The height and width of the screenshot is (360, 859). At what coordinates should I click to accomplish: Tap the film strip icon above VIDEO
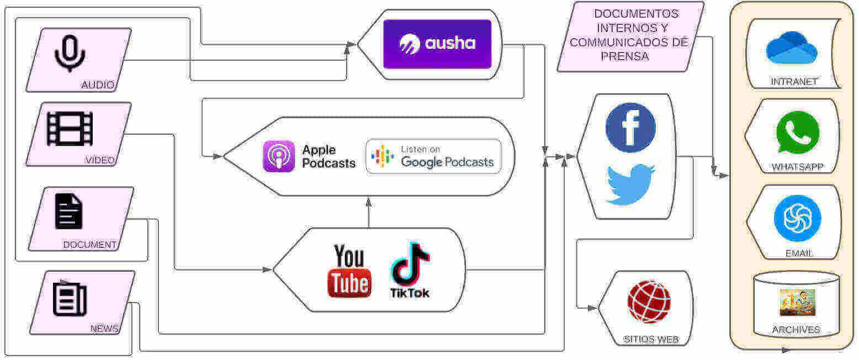pos(70,129)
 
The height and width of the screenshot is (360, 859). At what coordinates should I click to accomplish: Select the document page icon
pos(68,211)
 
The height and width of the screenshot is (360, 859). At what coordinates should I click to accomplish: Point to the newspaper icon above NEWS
pos(70,299)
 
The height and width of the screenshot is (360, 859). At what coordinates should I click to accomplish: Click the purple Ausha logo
pos(437,44)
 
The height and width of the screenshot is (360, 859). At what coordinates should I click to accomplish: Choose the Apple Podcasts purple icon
pos(279,156)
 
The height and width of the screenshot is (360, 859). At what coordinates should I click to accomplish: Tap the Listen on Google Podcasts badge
pos(434,156)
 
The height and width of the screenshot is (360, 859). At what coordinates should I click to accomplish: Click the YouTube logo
pos(349,271)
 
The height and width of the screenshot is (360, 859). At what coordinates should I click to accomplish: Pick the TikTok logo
pos(410,271)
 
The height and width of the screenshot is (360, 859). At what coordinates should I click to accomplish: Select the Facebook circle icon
pos(630,128)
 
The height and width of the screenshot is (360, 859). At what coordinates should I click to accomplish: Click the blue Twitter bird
pos(630,185)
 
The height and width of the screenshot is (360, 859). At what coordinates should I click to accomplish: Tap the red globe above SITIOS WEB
pos(649,301)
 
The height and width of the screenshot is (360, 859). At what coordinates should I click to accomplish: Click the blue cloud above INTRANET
pos(792,47)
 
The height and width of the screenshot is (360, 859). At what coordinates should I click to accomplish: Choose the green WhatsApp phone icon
pos(798,133)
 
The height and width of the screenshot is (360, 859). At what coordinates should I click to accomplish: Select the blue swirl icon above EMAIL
pos(798,218)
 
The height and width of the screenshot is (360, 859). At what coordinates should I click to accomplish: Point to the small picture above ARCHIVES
pos(798,303)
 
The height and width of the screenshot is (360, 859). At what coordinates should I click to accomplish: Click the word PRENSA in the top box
pos(625,56)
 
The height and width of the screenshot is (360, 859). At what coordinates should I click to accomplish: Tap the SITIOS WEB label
pos(651,340)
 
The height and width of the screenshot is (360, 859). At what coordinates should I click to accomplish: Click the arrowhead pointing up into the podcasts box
pos(369,202)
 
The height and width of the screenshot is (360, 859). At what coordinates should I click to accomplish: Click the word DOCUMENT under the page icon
pos(90,245)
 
